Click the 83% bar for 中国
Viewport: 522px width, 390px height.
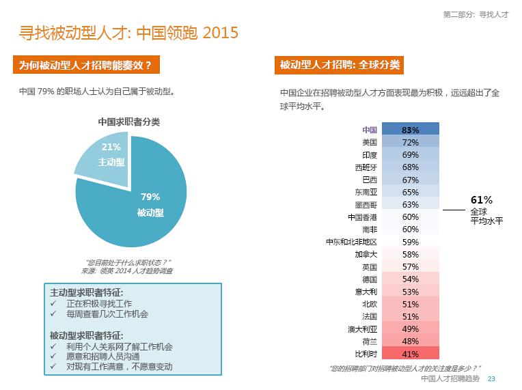coord(410,130)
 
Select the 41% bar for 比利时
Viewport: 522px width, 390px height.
coord(410,354)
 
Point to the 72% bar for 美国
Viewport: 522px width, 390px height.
coord(410,142)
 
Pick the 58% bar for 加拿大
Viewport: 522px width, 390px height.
coord(410,254)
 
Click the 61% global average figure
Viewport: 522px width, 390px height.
coord(481,200)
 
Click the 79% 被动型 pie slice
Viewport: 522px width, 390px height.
coord(137,205)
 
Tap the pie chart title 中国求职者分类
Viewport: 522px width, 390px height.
coord(129,122)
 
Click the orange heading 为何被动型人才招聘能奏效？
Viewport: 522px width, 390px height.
coord(85,66)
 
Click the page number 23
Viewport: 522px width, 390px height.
coord(491,379)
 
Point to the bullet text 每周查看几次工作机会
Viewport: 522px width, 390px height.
coord(107,314)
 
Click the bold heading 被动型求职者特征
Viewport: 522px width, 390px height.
coord(87,335)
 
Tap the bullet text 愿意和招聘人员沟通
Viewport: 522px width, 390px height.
coord(102,357)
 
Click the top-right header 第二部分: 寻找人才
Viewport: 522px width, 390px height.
coord(476,14)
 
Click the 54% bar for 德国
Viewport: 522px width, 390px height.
coord(410,279)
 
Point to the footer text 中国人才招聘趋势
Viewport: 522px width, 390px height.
coord(450,379)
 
